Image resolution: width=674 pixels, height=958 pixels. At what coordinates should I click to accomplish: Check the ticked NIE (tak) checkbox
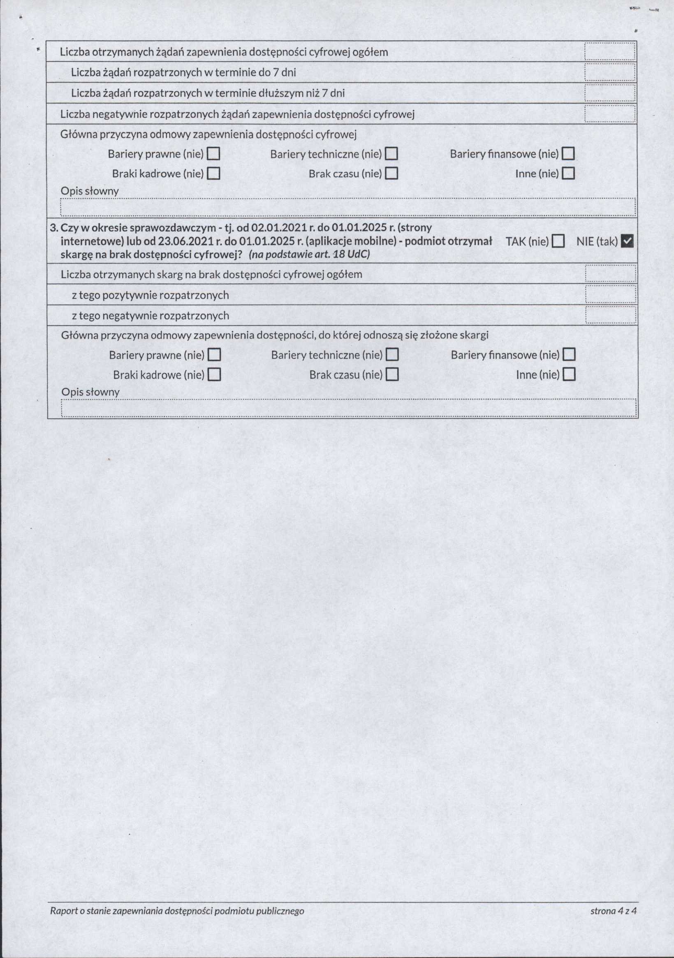[627, 241]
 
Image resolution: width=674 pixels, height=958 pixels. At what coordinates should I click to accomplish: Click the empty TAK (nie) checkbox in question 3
[558, 241]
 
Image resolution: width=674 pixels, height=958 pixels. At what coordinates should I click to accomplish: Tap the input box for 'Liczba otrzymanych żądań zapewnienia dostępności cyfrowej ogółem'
[609, 52]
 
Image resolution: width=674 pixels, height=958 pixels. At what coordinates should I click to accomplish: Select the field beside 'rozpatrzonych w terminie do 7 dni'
[609, 72]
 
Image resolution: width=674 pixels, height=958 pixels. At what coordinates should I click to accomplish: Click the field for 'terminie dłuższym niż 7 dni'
[609, 93]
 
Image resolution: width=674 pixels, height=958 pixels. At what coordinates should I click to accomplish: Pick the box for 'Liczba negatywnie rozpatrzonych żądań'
[609, 114]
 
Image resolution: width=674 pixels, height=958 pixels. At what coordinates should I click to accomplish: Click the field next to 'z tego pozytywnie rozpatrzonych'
[610, 295]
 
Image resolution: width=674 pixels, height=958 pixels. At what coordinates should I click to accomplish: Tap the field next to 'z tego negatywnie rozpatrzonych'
[610, 315]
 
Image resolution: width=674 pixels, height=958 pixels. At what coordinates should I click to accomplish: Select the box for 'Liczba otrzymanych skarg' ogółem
[610, 274]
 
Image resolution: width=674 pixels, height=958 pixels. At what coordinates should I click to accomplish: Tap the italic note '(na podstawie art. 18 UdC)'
[309, 255]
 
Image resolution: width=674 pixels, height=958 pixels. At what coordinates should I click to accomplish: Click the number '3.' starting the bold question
[54, 228]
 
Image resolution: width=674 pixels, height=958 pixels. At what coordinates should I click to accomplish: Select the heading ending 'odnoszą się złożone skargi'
[274, 335]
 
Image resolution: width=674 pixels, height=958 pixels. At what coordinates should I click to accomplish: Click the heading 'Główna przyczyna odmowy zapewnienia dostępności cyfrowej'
[208, 135]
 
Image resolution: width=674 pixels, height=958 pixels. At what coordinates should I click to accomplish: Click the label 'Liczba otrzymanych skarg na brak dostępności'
[211, 274]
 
